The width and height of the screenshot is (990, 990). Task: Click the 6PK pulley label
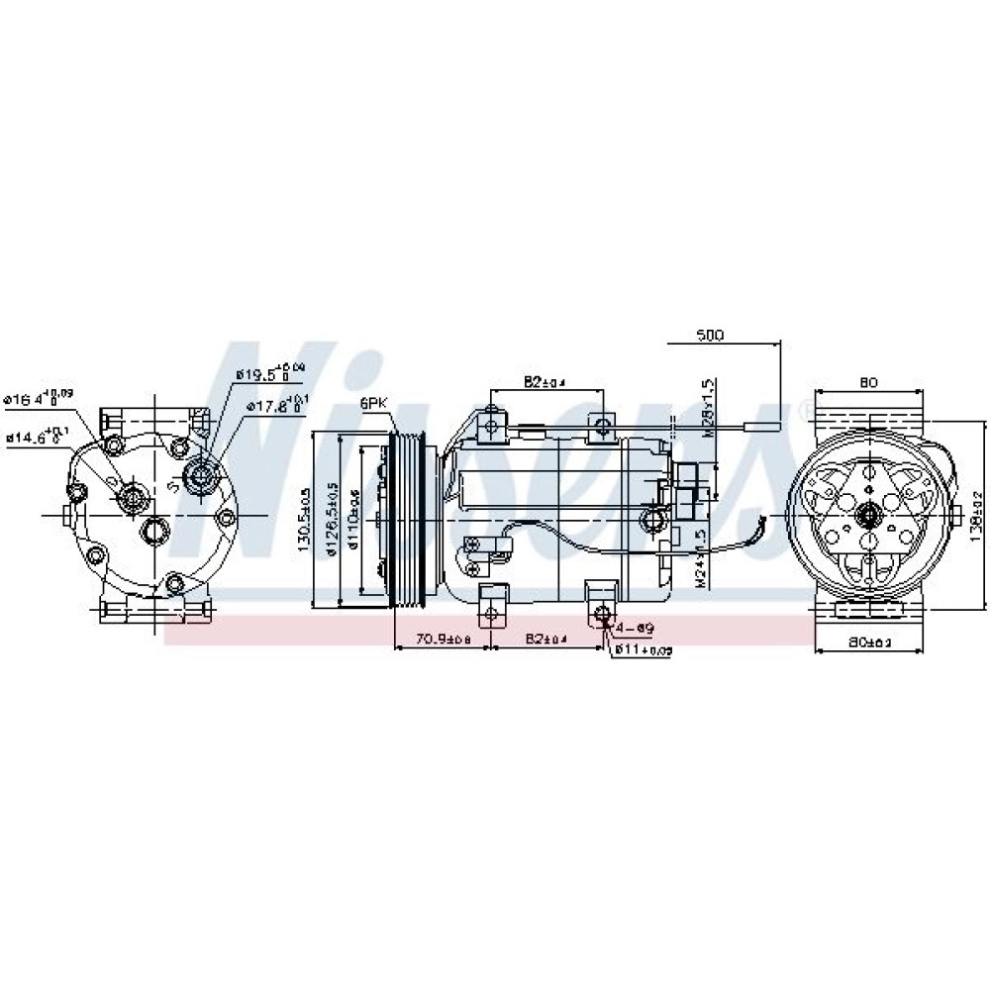click(373, 403)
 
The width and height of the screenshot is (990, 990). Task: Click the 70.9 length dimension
click(443, 640)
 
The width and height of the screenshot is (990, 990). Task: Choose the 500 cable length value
click(710, 336)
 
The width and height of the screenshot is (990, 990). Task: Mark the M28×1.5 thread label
click(707, 407)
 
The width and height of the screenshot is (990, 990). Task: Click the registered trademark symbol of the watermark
click(806, 407)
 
